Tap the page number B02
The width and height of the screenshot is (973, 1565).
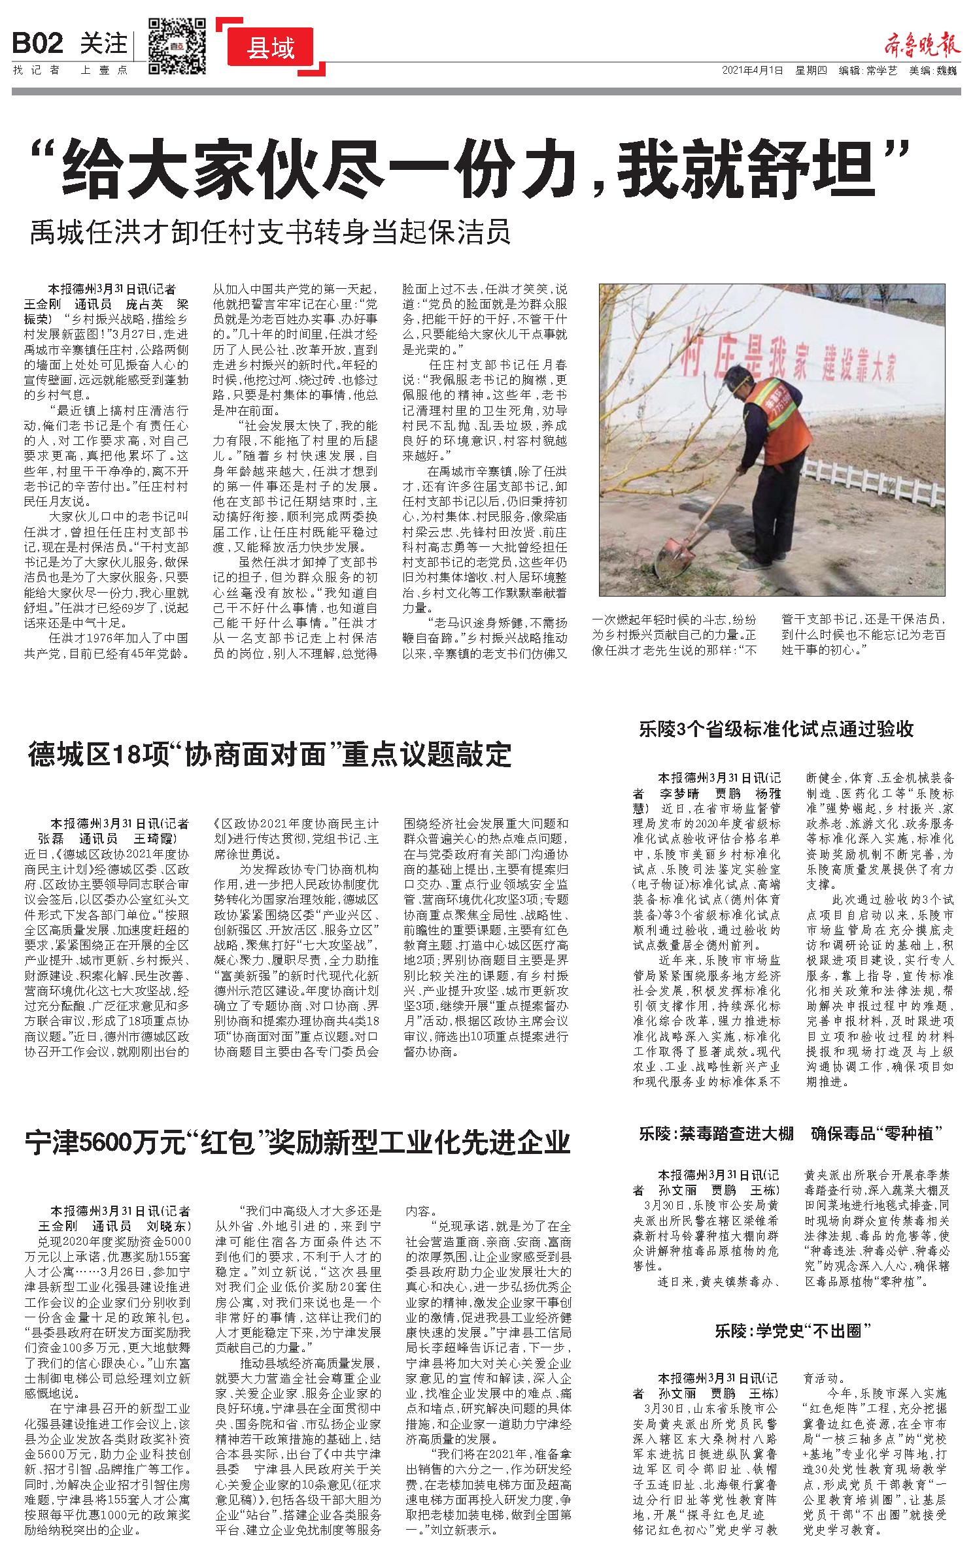[38, 44]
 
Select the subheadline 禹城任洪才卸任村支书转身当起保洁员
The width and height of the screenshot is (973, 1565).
[269, 233]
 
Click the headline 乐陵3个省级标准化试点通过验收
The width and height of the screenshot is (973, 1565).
[776, 729]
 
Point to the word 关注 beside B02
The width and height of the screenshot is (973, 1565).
[103, 44]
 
